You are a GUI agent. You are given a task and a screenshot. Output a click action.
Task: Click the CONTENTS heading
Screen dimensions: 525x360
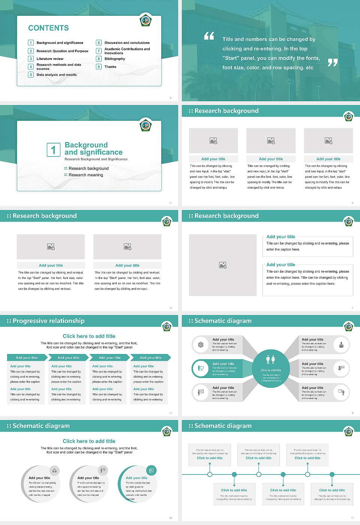48,28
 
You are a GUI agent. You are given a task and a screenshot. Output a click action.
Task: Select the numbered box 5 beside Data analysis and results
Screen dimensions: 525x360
31,75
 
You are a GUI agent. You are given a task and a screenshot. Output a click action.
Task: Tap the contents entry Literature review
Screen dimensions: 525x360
50,59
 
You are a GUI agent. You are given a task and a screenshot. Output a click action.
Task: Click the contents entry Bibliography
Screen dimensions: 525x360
115,59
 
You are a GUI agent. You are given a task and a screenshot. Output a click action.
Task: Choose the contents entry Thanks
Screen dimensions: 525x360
110,67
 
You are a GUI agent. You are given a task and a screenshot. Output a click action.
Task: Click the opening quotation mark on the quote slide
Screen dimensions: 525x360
209,36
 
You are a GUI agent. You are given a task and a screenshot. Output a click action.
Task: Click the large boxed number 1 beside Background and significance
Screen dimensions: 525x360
53,150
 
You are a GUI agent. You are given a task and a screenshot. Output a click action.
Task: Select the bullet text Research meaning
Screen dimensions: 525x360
85,175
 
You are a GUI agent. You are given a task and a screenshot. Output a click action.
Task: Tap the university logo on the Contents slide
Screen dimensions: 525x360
145,20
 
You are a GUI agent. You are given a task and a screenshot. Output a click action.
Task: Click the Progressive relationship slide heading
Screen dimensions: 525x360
48,321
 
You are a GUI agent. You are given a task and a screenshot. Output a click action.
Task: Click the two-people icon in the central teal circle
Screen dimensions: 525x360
270,359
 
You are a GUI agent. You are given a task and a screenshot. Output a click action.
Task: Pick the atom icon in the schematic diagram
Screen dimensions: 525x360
201,345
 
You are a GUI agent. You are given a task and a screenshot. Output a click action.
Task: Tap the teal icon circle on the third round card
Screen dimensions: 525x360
151,470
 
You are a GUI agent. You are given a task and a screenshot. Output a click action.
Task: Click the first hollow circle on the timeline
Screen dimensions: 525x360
210,474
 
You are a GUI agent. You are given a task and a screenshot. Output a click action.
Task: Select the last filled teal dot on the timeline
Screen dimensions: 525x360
332,474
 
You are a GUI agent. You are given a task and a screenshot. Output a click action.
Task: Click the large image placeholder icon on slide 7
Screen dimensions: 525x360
223,265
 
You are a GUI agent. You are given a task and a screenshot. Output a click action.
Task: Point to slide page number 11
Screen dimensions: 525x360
352,518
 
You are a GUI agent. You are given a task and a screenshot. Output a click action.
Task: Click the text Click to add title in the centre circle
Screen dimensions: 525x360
271,370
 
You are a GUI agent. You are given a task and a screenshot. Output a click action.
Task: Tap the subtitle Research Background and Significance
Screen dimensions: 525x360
96,159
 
